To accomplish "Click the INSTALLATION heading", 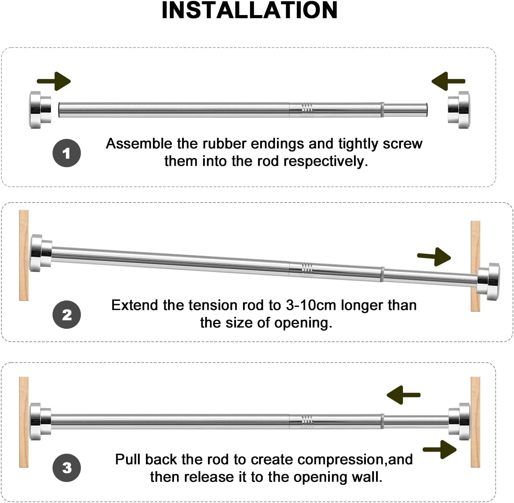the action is [x=249, y=10].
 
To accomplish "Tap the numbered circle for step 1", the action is [x=67, y=153].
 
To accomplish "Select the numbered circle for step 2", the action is [x=67, y=314].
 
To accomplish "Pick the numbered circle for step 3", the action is [x=67, y=468].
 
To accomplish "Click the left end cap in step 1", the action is [x=40, y=110].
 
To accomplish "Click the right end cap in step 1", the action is [x=459, y=110].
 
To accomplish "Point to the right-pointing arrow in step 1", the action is [x=54, y=81].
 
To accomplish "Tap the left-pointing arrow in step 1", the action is [x=449, y=81].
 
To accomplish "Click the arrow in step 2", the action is [x=434, y=257].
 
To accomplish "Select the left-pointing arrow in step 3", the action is [x=404, y=395].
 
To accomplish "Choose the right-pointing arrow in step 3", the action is [x=440, y=450].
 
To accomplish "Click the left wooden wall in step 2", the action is [x=24, y=255].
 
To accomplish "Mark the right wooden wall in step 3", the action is [x=475, y=422].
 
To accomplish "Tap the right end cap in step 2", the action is [x=489, y=282].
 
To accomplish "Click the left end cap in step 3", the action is [x=40, y=422].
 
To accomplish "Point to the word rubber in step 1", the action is [x=224, y=144].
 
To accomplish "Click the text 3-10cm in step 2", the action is [x=311, y=305].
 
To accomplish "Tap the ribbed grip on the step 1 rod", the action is [x=307, y=110].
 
